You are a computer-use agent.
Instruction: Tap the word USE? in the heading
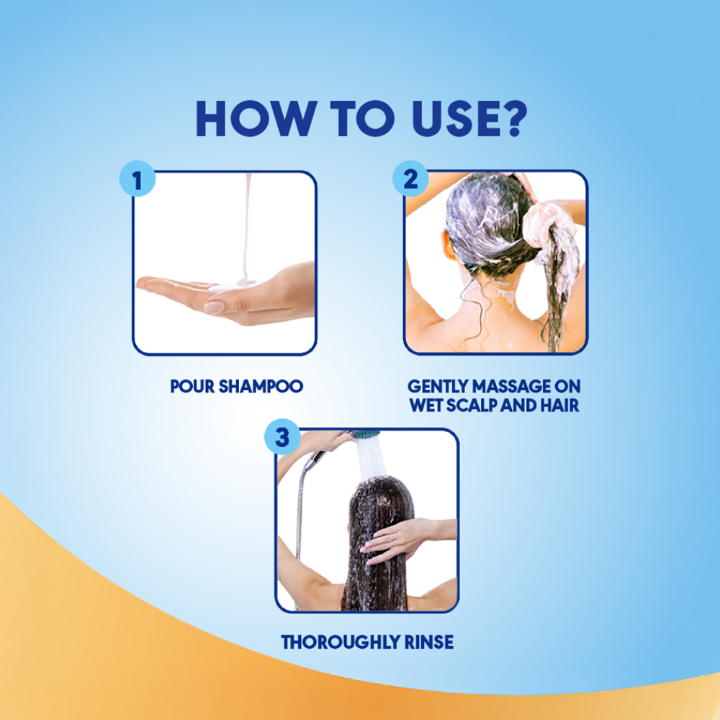pos(469,119)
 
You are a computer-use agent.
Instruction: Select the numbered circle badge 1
pos(138,179)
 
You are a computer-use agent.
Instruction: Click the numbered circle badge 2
pos(410,179)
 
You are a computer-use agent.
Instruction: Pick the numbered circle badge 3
pos(282,437)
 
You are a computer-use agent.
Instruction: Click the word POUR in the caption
pos(192,386)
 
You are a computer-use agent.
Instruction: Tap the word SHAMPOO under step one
pos(261,386)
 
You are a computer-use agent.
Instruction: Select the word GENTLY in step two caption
pos(438,386)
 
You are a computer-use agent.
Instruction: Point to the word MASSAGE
pos(511,386)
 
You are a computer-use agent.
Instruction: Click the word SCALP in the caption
pos(472,405)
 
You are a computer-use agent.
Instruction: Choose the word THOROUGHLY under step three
pos(341,642)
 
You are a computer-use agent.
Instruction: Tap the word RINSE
pos(429,642)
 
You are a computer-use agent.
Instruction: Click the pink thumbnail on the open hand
pos(214,307)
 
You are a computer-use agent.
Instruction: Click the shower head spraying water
pos(366,434)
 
